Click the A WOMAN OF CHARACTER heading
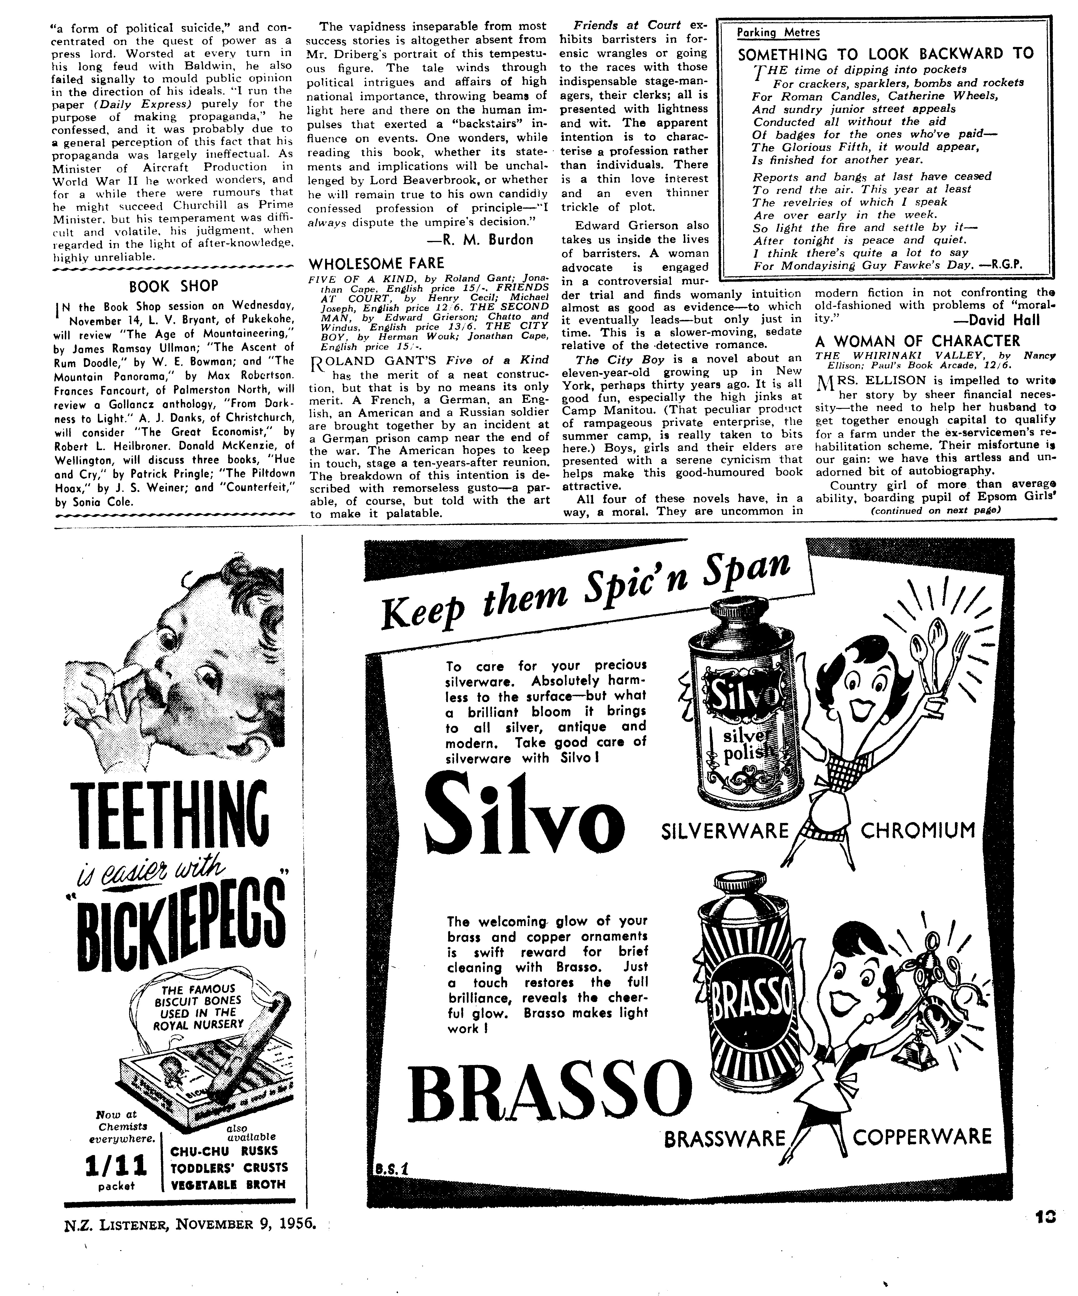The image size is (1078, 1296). pos(918,341)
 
